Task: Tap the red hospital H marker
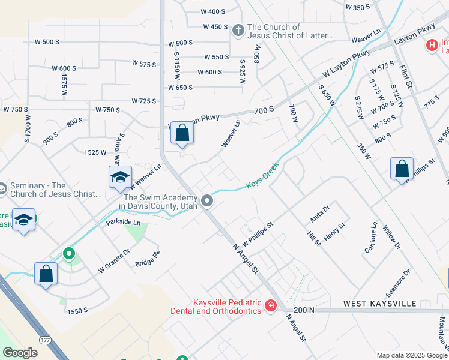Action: (431, 45)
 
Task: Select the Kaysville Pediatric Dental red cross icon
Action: (271, 307)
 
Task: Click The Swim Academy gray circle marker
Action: (208, 200)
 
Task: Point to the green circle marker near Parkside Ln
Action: (69, 254)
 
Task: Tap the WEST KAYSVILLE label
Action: (379, 304)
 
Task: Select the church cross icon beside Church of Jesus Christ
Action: (238, 29)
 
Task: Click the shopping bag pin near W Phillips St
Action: (402, 169)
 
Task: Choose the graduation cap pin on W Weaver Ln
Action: (120, 176)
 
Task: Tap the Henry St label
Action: (334, 232)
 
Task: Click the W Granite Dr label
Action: (114, 262)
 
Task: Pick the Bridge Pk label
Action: (148, 259)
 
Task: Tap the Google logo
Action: (20, 353)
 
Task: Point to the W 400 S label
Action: (213, 11)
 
